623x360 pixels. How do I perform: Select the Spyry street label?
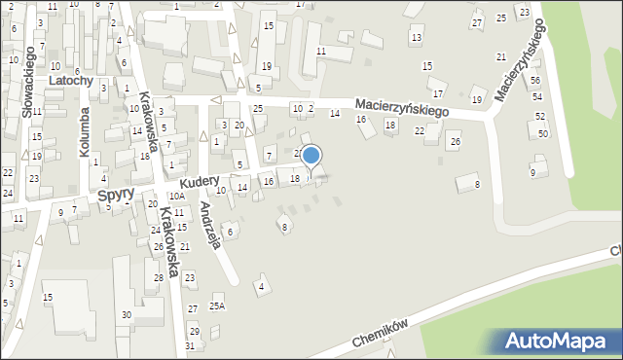coord(116,198)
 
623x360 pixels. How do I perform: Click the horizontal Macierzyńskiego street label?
coord(400,106)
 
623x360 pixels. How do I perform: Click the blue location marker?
coord(311,157)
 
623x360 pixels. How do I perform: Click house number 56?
coord(535,81)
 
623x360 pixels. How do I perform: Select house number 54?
coord(537,97)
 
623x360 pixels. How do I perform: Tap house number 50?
coord(542,133)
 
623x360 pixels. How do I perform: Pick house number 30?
coord(127,314)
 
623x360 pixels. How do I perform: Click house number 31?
coord(191,345)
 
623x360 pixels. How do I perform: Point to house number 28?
coord(159,278)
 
